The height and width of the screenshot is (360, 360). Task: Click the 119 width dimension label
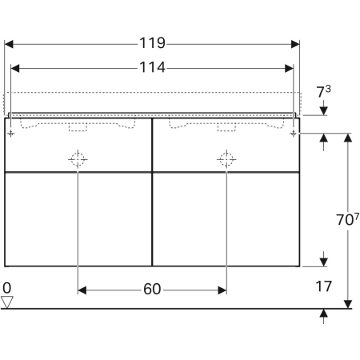tap(152, 43)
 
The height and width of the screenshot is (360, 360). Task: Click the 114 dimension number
tap(152, 67)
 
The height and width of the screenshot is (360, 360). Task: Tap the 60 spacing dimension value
tap(152, 289)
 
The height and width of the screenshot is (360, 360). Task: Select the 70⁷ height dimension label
tap(347, 219)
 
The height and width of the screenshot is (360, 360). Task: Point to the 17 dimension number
tap(324, 286)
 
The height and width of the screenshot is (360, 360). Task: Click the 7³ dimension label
tap(323, 91)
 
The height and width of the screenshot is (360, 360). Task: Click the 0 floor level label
tap(7, 288)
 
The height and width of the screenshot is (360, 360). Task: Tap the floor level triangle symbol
tap(7, 302)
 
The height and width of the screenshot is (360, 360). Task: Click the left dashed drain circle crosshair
tap(78, 159)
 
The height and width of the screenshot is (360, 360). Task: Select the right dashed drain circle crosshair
tap(226, 159)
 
